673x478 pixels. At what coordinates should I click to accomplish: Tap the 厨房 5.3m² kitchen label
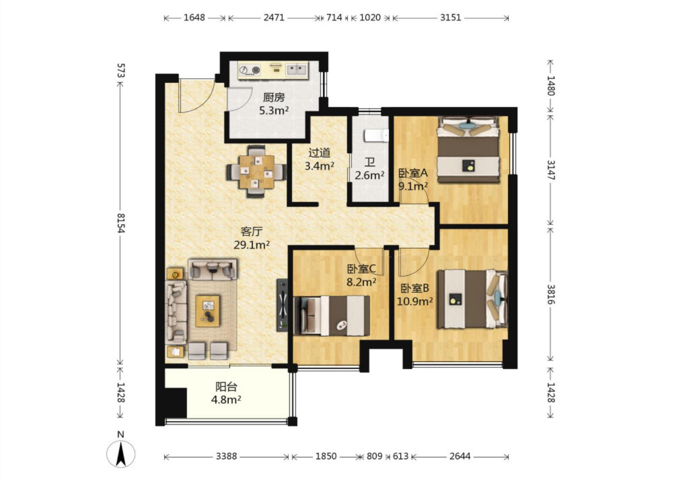click(x=274, y=104)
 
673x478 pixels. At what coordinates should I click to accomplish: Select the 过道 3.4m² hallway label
click(x=319, y=159)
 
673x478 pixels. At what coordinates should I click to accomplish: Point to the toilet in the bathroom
click(x=377, y=135)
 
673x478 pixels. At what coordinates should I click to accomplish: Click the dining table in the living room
click(x=257, y=172)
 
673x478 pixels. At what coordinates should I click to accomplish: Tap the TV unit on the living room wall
click(x=282, y=305)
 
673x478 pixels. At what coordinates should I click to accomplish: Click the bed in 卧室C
click(x=332, y=316)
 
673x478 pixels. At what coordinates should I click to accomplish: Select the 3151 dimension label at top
click(x=451, y=17)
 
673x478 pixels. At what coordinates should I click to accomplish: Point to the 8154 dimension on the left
click(x=121, y=223)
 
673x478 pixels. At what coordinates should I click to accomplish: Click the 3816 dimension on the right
click(x=551, y=294)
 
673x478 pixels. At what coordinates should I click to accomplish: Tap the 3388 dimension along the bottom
click(x=226, y=457)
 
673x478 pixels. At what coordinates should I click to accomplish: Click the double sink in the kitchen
click(x=297, y=70)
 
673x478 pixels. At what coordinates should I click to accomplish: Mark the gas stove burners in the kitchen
click(x=250, y=70)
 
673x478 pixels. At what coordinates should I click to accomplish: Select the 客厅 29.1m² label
click(x=251, y=238)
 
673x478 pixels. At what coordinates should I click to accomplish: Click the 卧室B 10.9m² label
click(x=415, y=295)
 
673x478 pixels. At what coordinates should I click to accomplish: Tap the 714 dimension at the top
click(x=334, y=17)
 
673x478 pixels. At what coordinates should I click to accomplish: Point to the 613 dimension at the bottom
click(x=401, y=457)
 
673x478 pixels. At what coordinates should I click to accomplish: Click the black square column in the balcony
click(x=176, y=402)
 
